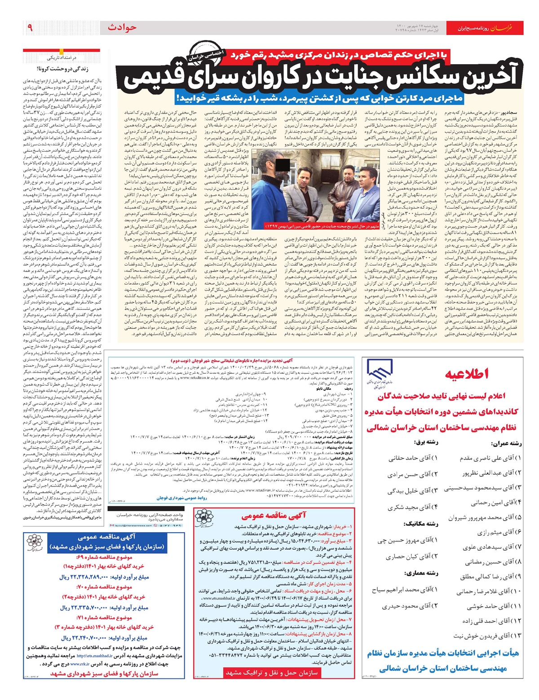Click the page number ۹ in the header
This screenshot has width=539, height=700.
click(30, 28)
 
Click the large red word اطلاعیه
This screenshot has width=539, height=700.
click(467, 374)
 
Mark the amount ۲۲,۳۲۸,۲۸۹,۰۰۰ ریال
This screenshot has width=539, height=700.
click(104, 577)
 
